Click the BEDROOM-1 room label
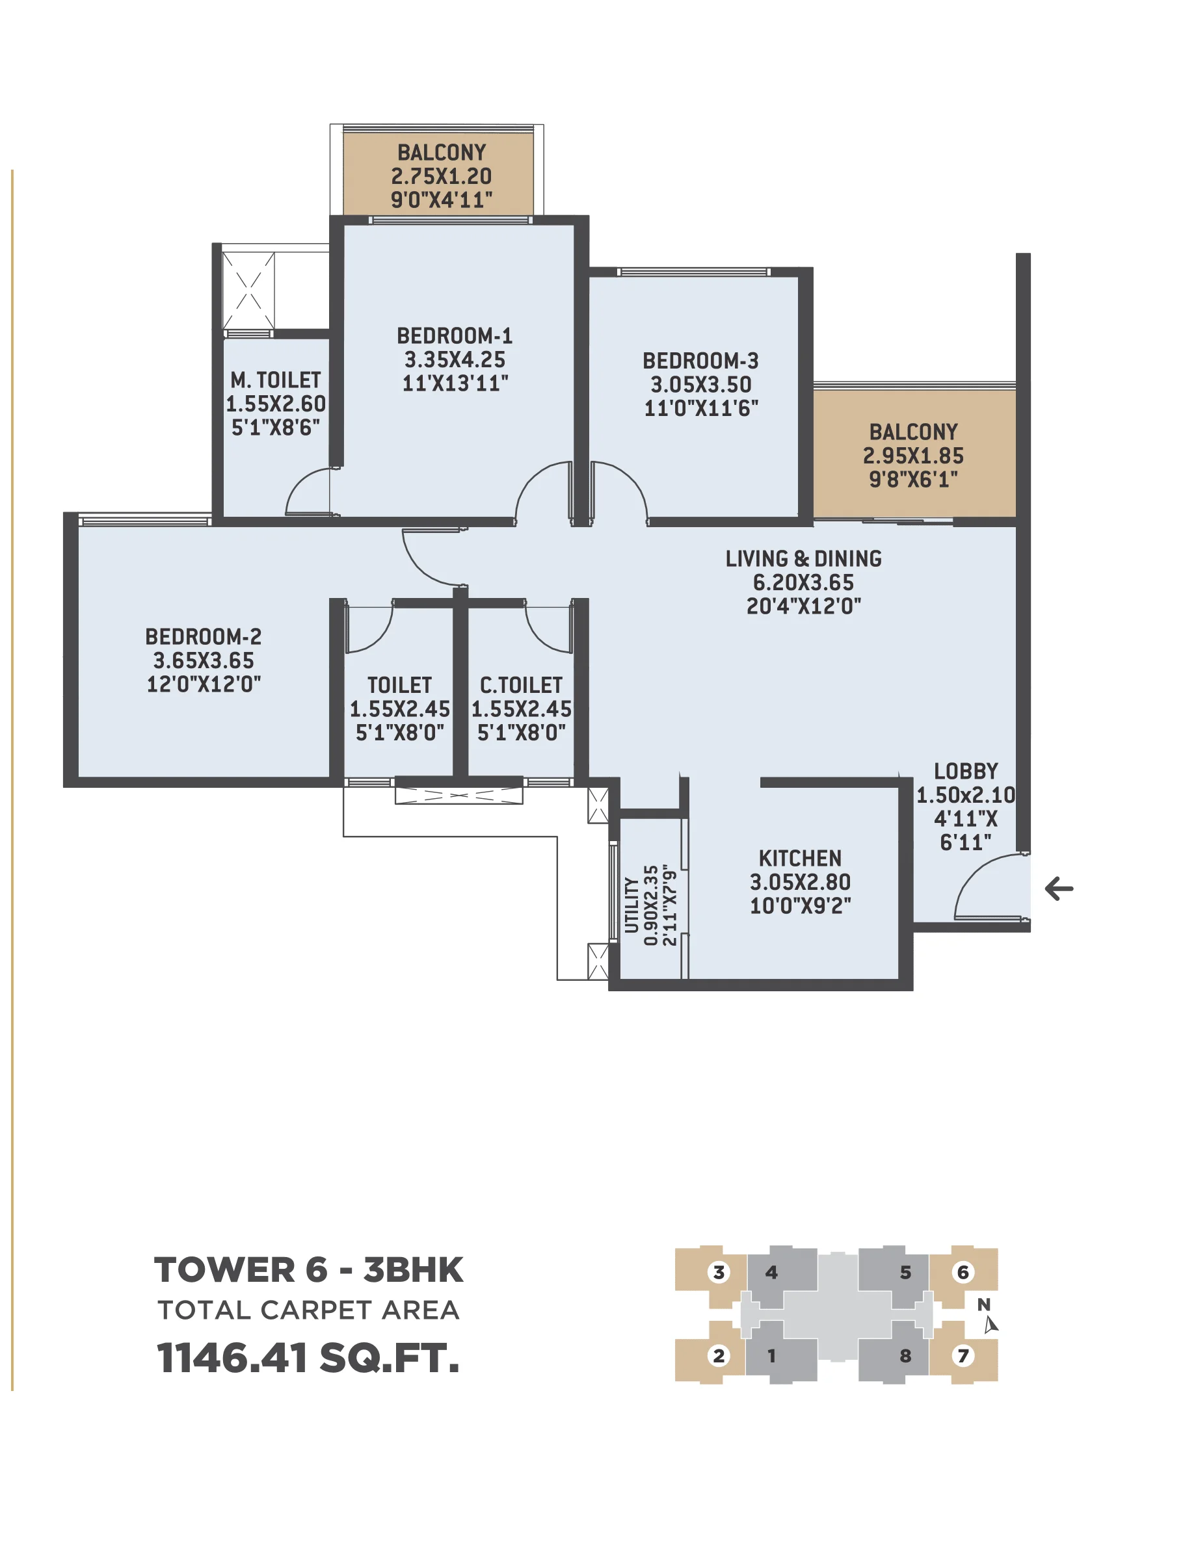pyautogui.click(x=455, y=335)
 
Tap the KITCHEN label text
pyautogui.click(x=799, y=858)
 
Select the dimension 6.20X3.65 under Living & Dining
pyautogui.click(x=803, y=582)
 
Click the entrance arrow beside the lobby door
pyautogui.click(x=1058, y=889)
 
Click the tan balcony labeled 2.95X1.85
pyautogui.click(x=914, y=455)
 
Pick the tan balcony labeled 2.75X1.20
pyautogui.click(x=441, y=175)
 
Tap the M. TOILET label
pyautogui.click(x=275, y=381)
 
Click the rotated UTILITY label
pyautogui.click(x=631, y=905)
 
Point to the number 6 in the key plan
pyautogui.click(x=962, y=1272)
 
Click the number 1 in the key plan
pyautogui.click(x=771, y=1355)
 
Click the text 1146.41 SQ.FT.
pyautogui.click(x=308, y=1358)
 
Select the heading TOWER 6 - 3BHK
pyautogui.click(x=308, y=1270)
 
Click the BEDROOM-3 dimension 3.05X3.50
pyautogui.click(x=700, y=385)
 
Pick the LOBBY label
pyautogui.click(x=965, y=771)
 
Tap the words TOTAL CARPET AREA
pyautogui.click(x=308, y=1310)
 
